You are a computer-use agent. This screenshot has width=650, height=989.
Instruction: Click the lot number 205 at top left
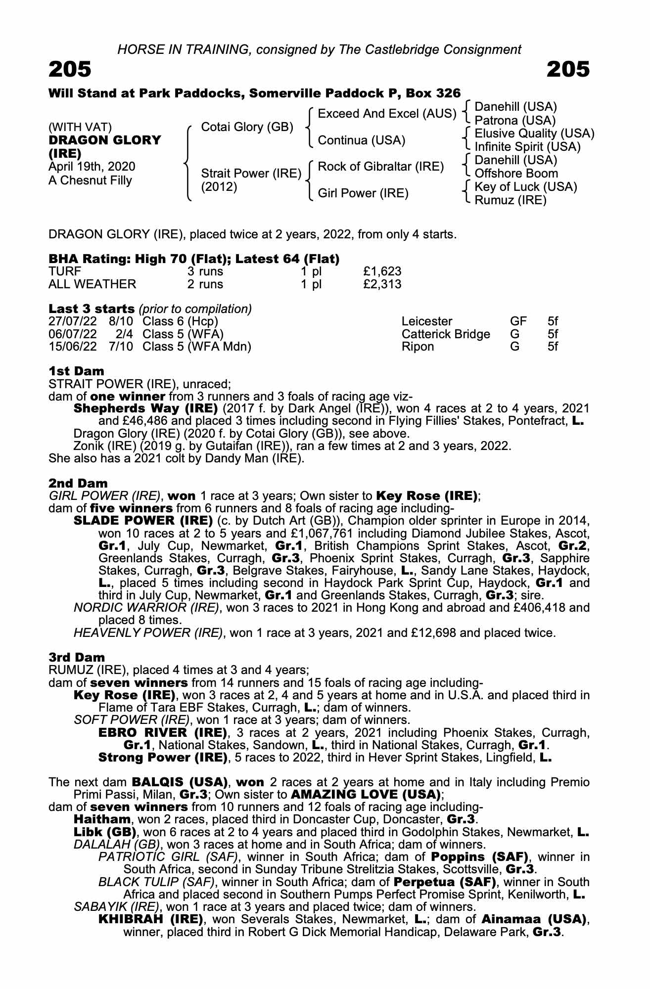(70, 70)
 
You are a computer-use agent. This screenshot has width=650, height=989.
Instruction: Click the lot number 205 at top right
(568, 70)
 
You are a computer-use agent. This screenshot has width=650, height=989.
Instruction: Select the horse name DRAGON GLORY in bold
(104, 140)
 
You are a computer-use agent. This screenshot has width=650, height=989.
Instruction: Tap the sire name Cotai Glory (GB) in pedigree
(247, 127)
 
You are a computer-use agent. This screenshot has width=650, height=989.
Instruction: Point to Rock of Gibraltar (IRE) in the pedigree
(380, 167)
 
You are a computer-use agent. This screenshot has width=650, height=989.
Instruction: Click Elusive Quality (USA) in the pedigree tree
(534, 134)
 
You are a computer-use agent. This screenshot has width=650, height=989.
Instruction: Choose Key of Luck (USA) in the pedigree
(526, 187)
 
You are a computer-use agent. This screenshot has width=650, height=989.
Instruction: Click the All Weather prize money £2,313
(382, 284)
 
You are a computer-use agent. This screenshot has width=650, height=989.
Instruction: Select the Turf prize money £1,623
(382, 271)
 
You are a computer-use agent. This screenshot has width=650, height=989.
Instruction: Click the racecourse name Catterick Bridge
(446, 334)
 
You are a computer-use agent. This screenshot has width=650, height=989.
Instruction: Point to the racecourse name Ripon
(418, 347)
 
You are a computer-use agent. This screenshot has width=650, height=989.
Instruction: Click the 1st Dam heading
(76, 371)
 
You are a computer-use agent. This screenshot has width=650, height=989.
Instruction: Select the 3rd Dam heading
(77, 657)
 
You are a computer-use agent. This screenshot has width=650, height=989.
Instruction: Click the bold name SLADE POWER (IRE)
(143, 521)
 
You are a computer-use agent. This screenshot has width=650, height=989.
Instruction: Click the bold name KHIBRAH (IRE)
(151, 919)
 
